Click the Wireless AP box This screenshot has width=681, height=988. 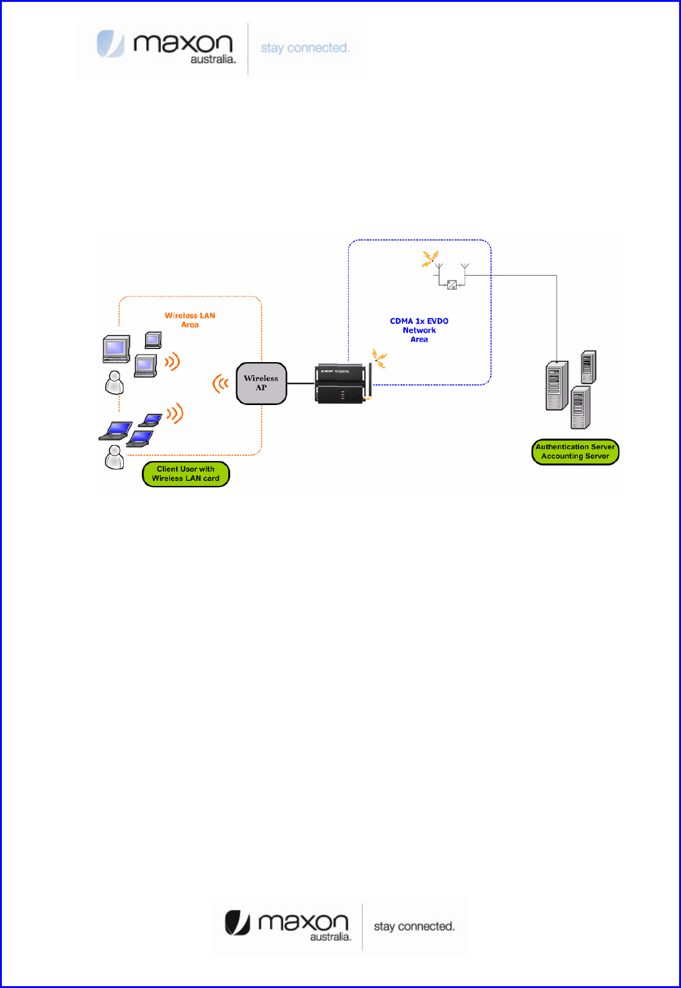[x=261, y=383]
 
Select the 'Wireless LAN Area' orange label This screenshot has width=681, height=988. [x=190, y=320]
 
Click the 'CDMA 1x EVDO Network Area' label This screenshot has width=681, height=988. [x=419, y=330]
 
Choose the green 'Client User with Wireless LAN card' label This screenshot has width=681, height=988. [x=186, y=474]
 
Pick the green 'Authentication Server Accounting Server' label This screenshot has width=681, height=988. [x=575, y=452]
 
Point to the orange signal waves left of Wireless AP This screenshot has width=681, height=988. [x=220, y=384]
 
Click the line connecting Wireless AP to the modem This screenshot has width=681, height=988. [x=301, y=384]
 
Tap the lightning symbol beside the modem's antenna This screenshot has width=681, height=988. [x=379, y=358]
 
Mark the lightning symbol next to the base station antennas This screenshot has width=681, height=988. [x=430, y=258]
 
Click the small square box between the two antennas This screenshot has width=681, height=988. [x=452, y=285]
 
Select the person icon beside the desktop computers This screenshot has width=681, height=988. [x=114, y=383]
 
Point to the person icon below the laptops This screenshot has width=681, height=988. [x=114, y=457]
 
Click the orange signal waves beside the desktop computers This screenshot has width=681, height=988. [x=172, y=361]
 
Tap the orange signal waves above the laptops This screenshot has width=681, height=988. [x=175, y=412]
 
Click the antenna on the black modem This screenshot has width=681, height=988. [x=370, y=381]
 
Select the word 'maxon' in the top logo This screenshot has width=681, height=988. [x=183, y=43]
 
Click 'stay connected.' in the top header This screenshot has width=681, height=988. [x=305, y=48]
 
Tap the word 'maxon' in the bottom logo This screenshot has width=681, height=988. [x=303, y=921]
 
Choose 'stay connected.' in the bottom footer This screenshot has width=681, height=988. [x=414, y=926]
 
